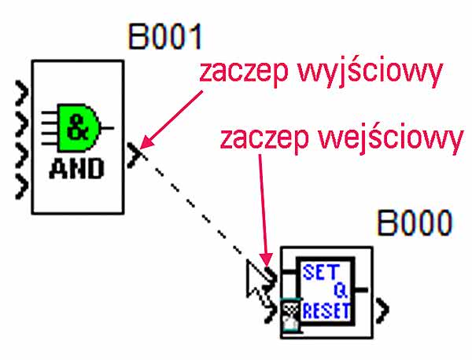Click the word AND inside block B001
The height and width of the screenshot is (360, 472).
click(76, 167)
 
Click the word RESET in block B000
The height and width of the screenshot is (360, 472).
click(326, 310)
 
